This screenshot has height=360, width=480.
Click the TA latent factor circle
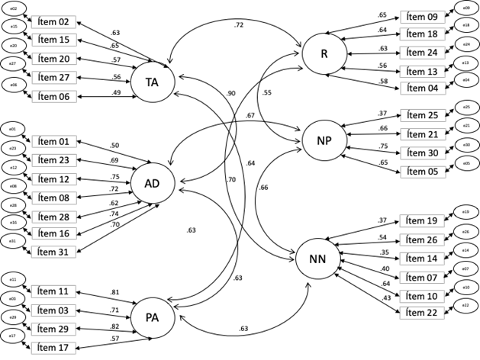(153, 82)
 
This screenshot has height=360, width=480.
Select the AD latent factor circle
(152, 183)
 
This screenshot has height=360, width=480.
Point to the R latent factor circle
(324, 53)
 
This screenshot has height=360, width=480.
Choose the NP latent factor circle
(324, 140)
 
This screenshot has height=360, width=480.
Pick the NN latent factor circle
(317, 259)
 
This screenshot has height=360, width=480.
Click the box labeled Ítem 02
(53, 22)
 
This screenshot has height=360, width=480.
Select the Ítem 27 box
(53, 78)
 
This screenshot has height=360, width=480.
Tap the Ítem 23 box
(53, 160)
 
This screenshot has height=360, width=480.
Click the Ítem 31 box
(53, 252)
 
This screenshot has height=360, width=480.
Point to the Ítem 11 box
(53, 291)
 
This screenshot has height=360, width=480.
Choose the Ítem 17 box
(53, 348)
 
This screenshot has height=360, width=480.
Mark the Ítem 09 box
(422, 17)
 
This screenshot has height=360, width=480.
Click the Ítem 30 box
(422, 153)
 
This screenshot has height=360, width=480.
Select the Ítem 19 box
(422, 221)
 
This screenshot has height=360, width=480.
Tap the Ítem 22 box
(422, 313)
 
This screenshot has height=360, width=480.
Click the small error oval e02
(14, 8)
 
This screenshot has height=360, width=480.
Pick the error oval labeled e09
(466, 8)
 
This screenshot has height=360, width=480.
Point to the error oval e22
(466, 306)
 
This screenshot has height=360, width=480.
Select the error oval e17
(13, 336)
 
